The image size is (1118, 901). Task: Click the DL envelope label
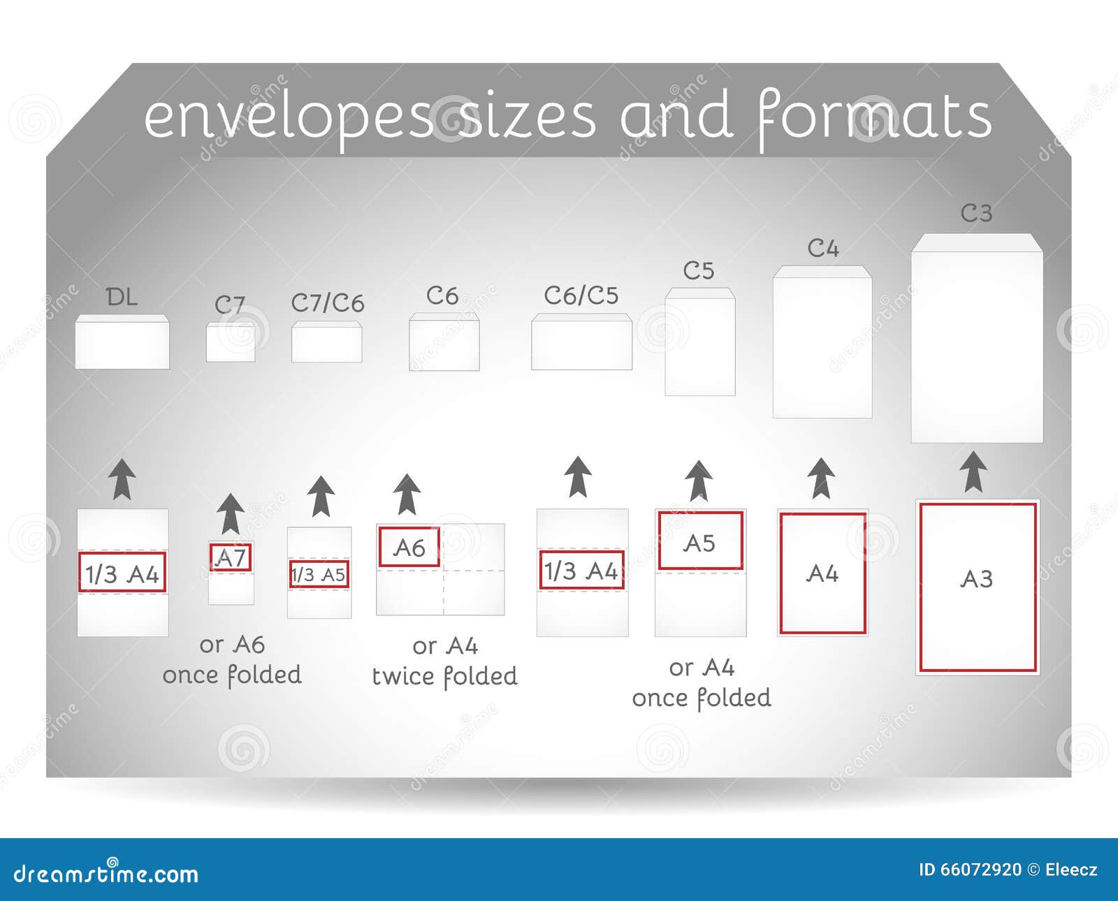tap(122, 298)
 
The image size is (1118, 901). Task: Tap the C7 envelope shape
tap(231, 342)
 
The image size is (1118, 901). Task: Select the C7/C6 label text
tap(328, 303)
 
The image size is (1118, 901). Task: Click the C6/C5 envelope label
tap(581, 295)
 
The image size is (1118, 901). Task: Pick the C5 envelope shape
tap(699, 342)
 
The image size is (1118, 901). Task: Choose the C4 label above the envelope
tap(823, 248)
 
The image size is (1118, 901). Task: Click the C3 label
tap(976, 213)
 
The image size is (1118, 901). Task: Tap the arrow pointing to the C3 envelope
tap(974, 472)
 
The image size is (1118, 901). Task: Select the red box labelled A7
tap(231, 557)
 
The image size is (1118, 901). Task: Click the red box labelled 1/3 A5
tap(319, 574)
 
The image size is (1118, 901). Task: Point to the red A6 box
tap(409, 546)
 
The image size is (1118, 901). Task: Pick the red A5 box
tap(700, 541)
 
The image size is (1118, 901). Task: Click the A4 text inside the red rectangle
tap(822, 573)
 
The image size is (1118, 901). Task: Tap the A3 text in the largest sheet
tap(976, 578)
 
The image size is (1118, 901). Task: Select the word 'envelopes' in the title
tap(288, 117)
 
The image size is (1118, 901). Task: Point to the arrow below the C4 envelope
tap(821, 478)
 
